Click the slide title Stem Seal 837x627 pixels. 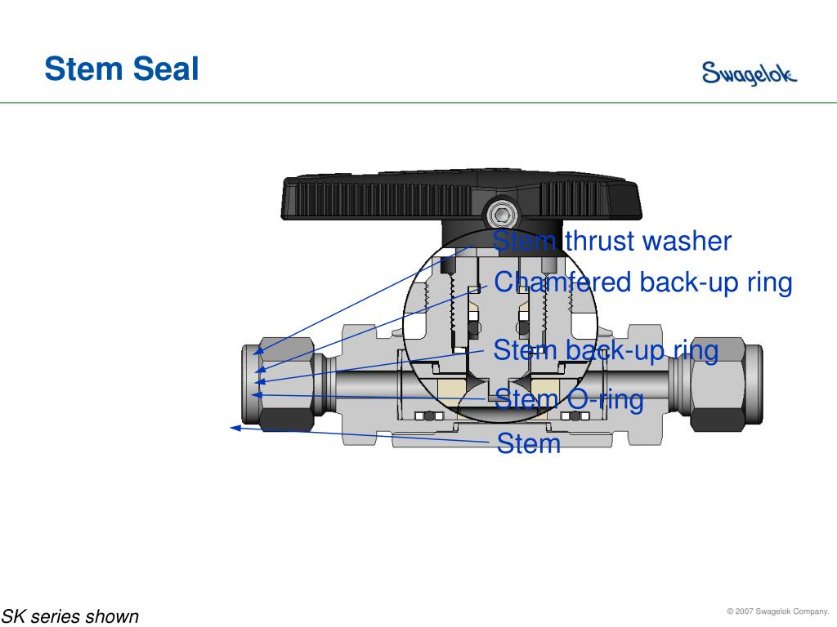tap(122, 69)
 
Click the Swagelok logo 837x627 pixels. tap(749, 74)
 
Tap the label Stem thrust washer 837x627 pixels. tap(612, 242)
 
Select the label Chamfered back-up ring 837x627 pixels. tap(643, 282)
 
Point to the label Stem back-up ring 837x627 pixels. tap(606, 351)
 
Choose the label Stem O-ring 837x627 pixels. tap(570, 400)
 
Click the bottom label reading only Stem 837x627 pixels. tap(529, 444)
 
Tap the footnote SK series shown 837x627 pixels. tap(70, 616)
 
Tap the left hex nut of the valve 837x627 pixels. tap(279, 385)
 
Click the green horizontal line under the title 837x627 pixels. tap(418, 103)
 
